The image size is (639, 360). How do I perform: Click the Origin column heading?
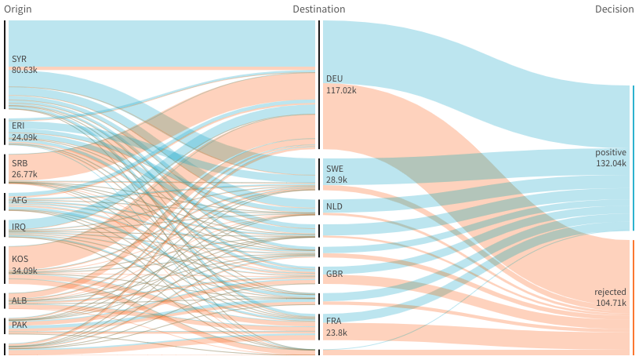18,9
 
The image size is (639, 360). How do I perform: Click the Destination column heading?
318,9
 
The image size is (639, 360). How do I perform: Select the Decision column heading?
614,9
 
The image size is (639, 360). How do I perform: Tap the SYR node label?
19,59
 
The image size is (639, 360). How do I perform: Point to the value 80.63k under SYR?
24,70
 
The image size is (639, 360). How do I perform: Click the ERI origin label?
18,125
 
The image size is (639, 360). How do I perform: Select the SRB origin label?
20,163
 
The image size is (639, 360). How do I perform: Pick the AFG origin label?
20,200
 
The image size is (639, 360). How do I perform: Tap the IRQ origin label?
19,227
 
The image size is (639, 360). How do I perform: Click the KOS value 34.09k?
24,271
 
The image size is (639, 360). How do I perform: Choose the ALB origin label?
19,300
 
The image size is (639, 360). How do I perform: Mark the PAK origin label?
20,324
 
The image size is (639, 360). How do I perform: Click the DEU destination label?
335,78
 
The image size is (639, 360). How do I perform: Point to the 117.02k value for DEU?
341,90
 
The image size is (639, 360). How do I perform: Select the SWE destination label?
335,169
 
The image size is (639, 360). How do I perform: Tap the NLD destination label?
335,206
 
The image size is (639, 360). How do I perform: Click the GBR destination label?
335,274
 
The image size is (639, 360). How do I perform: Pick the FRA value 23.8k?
336,333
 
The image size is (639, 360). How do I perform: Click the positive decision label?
611,152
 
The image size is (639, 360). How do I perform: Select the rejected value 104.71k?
611,303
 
